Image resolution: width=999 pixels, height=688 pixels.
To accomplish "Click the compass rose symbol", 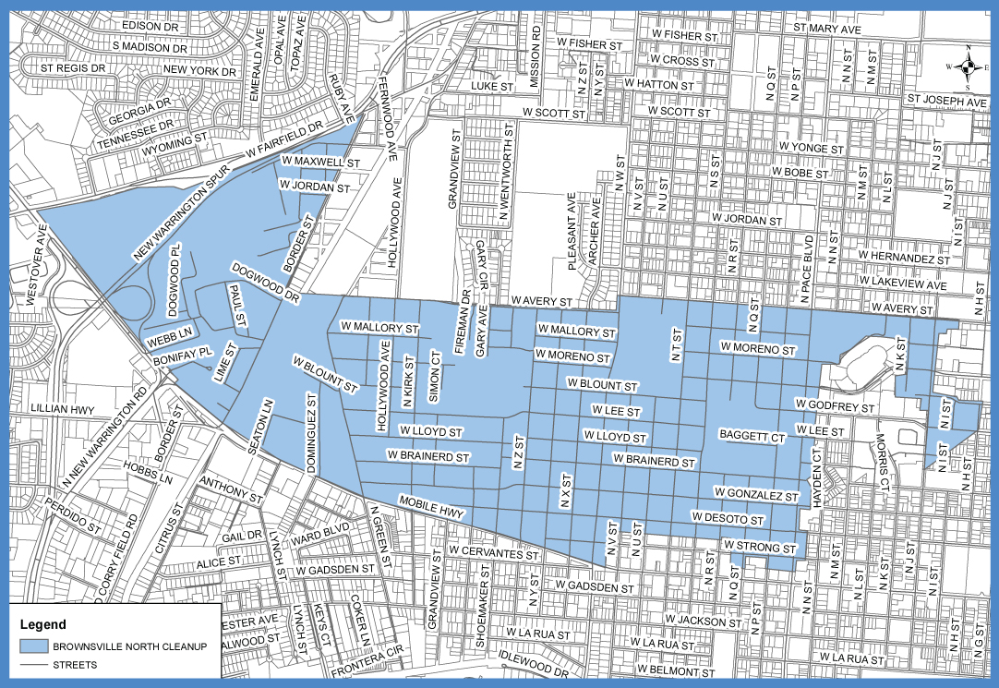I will click(x=967, y=66).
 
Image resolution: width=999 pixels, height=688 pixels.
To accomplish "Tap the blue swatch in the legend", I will click(x=35, y=646).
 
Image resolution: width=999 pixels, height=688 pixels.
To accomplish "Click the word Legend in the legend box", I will click(x=42, y=623).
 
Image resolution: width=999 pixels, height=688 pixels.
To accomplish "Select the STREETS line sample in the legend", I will click(x=35, y=664).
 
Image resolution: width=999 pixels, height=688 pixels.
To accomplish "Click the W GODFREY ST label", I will click(x=835, y=405).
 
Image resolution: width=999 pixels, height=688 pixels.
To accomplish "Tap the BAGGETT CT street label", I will click(x=752, y=434).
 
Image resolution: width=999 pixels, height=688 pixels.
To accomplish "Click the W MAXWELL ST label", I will click(x=317, y=163).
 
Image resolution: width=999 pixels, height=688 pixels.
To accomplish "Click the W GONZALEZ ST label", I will click(x=755, y=496).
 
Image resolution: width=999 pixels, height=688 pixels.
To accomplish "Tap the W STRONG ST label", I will click(x=760, y=549).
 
